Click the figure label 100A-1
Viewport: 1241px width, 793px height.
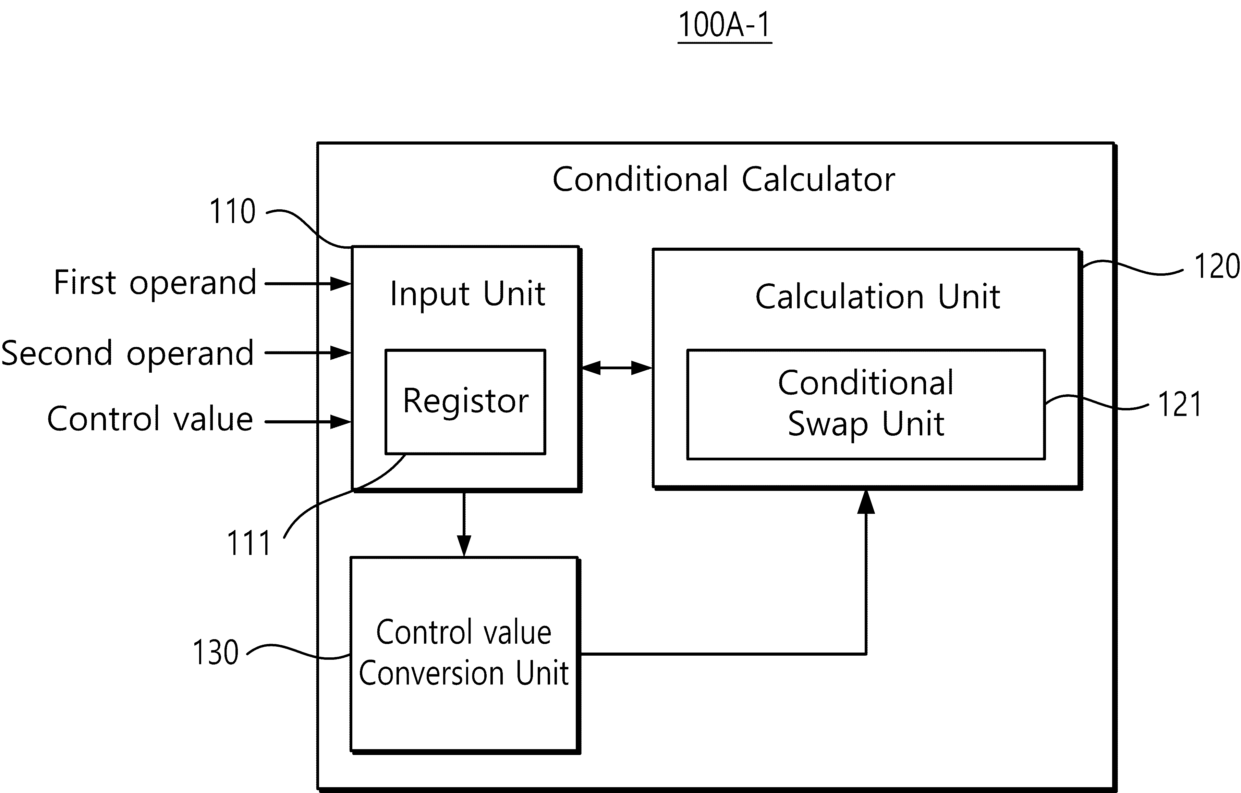(725, 25)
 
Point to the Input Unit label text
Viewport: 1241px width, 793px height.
(467, 294)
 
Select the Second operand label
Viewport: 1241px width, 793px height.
(127, 354)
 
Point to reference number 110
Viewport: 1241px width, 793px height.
(232, 211)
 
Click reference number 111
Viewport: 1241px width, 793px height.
(249, 543)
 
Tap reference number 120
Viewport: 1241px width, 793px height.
(1217, 267)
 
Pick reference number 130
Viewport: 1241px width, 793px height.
(216, 652)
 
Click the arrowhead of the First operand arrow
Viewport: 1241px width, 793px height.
(341, 283)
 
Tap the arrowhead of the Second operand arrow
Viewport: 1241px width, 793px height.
(341, 353)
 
